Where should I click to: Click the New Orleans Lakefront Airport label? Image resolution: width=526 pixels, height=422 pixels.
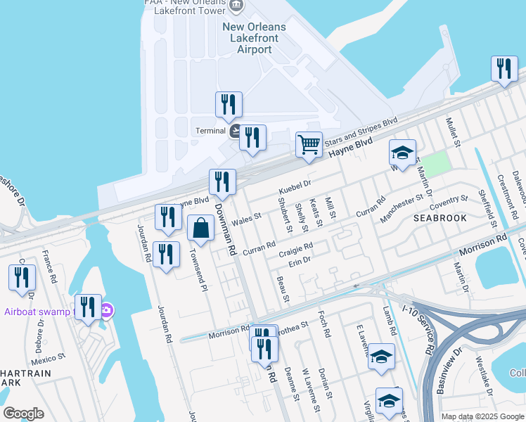coord(255,38)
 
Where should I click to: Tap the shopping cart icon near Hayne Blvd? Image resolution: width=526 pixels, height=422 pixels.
coord(309,145)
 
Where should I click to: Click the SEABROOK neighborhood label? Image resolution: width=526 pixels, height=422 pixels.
coord(440,218)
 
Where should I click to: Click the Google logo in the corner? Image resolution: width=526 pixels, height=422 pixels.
coord(23,414)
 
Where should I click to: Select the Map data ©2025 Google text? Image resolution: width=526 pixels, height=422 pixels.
coord(482,416)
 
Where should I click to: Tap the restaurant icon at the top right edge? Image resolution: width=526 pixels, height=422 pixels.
coord(503,69)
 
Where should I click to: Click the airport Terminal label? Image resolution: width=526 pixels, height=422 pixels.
coord(211,131)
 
